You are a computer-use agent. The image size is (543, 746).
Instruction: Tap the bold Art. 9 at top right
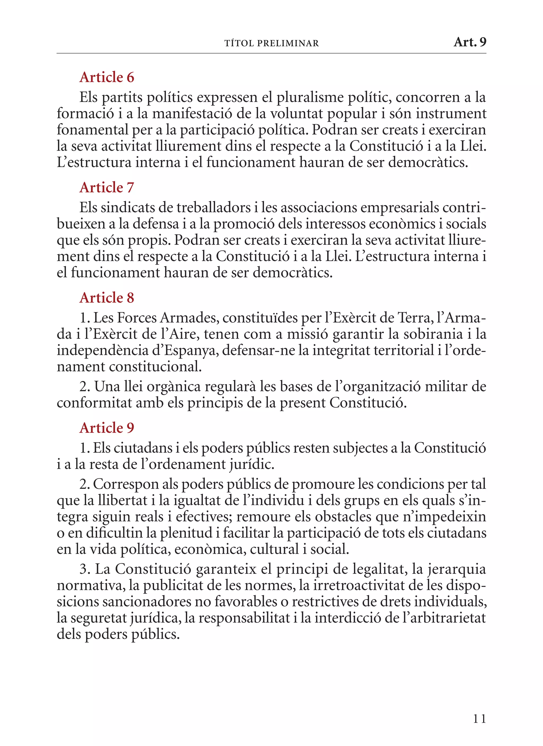(470, 42)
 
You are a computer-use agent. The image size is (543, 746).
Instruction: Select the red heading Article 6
(107, 77)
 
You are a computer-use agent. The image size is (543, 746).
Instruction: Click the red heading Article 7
(107, 188)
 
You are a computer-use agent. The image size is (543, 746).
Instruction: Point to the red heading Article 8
(107, 298)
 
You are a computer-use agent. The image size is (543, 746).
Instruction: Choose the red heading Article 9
(107, 428)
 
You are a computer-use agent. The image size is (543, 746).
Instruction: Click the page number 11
(479, 718)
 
